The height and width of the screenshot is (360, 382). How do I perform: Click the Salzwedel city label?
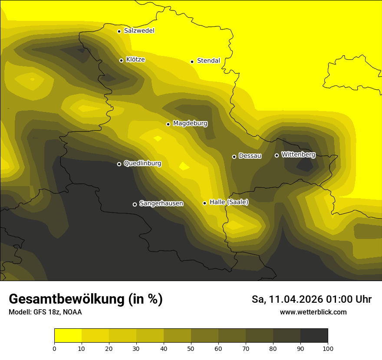139,31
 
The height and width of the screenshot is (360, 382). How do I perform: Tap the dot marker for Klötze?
122,60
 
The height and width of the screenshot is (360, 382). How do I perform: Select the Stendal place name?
208,61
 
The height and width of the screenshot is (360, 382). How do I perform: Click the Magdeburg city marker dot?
168,124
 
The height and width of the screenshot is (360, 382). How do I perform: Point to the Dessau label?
250,156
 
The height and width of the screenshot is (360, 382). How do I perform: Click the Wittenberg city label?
298,154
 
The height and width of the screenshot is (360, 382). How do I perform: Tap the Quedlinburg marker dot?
119,164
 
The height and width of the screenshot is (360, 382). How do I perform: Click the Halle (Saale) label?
229,202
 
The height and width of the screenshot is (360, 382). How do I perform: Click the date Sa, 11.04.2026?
287,299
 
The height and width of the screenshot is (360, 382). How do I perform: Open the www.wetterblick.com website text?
313,312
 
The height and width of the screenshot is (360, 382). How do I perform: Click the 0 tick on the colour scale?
54,348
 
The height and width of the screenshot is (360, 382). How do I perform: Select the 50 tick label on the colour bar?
191,348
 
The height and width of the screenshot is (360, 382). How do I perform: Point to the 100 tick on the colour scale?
328,348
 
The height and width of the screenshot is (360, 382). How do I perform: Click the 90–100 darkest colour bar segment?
314,336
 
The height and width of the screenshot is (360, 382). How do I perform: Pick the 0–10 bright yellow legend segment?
68,336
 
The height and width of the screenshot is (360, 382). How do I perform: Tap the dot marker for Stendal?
192,62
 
